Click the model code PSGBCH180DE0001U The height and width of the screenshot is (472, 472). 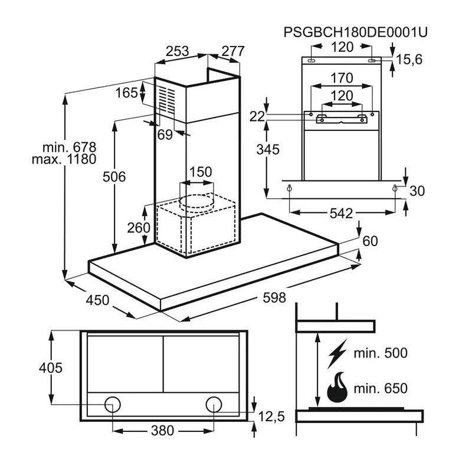[356, 32]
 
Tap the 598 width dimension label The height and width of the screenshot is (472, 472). [274, 298]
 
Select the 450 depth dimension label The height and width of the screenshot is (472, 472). [97, 300]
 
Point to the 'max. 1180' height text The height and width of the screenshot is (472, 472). [64, 159]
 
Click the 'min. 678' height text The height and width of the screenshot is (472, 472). [69, 147]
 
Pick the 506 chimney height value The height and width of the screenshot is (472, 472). [114, 176]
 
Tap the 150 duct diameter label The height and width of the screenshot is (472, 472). [201, 172]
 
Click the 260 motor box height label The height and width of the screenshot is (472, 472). [139, 228]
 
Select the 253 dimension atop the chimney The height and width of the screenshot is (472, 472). [178, 51]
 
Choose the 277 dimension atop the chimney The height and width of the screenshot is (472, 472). [233, 51]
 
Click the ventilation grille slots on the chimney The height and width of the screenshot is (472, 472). [167, 100]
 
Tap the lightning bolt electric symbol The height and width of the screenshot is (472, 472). [337, 353]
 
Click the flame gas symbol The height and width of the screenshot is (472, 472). [337, 387]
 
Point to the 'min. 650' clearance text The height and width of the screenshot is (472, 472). [381, 388]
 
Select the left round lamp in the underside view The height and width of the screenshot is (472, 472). [113, 404]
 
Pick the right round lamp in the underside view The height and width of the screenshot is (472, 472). [214, 404]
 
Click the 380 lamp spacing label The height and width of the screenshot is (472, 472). [163, 431]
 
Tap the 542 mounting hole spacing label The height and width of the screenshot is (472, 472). [341, 214]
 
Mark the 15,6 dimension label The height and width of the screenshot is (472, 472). [409, 60]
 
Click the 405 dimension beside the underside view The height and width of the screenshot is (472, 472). [51, 368]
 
